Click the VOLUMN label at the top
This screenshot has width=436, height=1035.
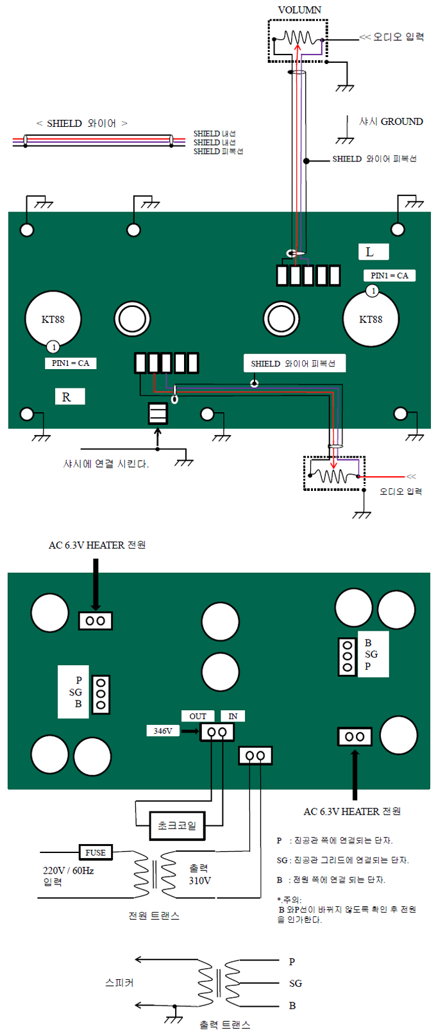(x=299, y=10)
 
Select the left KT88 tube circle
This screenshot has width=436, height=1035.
(x=53, y=319)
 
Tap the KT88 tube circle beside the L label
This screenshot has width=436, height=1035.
(x=371, y=319)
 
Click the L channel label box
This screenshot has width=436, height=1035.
(x=373, y=252)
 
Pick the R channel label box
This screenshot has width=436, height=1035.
(x=69, y=397)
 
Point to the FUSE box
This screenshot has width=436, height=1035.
(x=96, y=852)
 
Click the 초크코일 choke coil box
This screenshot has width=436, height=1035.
(x=177, y=825)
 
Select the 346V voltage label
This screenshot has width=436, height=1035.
(x=163, y=731)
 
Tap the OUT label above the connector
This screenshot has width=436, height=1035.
(x=198, y=716)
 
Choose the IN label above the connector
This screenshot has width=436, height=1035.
(x=233, y=716)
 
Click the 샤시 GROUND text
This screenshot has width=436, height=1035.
(x=390, y=121)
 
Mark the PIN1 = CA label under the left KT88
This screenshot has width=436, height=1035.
(x=71, y=363)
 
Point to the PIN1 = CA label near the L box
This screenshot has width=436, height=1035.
(x=389, y=276)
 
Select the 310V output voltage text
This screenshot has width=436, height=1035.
(x=199, y=881)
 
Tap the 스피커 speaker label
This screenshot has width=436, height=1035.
(x=119, y=982)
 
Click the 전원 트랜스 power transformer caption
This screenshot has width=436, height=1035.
(x=154, y=916)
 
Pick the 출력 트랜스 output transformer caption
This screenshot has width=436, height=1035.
(x=224, y=1025)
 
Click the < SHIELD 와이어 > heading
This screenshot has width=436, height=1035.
(x=82, y=123)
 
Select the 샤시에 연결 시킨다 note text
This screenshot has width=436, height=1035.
(x=106, y=463)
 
